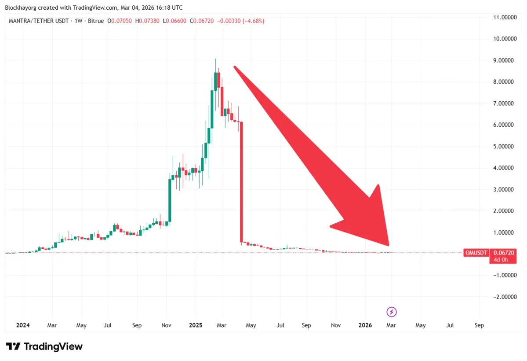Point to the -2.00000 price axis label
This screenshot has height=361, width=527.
point(505,297)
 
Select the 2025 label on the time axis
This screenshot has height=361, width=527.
point(196,325)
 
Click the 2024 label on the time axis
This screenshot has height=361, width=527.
point(23,325)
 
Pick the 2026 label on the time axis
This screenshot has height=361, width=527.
point(365,325)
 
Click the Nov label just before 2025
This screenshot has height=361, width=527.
point(166,325)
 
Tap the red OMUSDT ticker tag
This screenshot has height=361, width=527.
point(476,253)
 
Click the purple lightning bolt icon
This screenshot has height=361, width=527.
point(392,312)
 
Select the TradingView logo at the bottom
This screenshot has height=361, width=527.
point(44,346)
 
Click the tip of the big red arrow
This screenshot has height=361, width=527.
point(389,245)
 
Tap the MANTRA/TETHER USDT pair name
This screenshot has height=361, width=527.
point(40,21)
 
